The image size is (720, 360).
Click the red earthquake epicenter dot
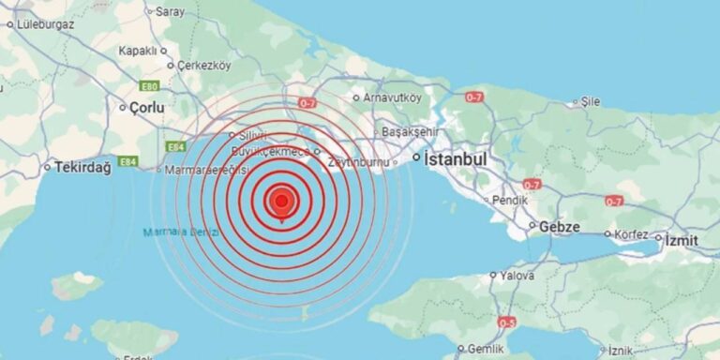280,200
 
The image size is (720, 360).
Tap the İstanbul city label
456,160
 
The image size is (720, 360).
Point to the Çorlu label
147,108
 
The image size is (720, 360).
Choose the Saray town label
170,12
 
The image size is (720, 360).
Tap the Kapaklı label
137,51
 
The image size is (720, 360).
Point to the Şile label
591,101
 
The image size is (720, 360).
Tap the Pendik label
510,200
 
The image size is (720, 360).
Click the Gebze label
559,227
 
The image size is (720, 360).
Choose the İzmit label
681,240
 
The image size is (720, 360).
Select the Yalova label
517,276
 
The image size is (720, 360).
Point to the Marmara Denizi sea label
182,232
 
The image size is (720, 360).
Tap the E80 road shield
149,85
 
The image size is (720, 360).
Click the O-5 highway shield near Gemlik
507,322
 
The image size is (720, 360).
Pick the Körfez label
624,233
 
